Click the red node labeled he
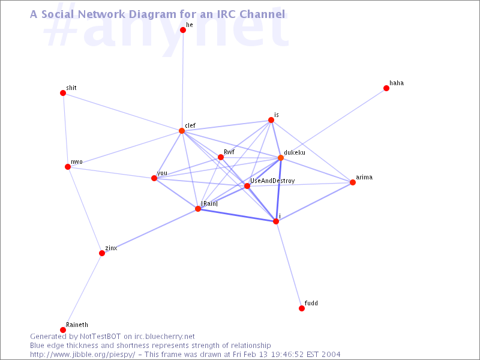[183, 29]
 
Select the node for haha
[386, 88]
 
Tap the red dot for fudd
[302, 308]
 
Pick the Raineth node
[63, 329]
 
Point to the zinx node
[102, 253]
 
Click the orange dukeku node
[281, 158]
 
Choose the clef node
[182, 131]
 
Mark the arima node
[353, 182]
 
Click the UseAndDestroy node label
[272, 181]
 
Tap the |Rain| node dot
[198, 209]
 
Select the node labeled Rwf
[221, 157]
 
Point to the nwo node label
[77, 161]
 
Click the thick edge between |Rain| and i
[237, 215]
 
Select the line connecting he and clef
[182, 80]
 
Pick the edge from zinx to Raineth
[82, 292]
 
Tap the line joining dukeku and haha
[334, 123]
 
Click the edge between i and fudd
[289, 265]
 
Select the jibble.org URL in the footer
[82, 355]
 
